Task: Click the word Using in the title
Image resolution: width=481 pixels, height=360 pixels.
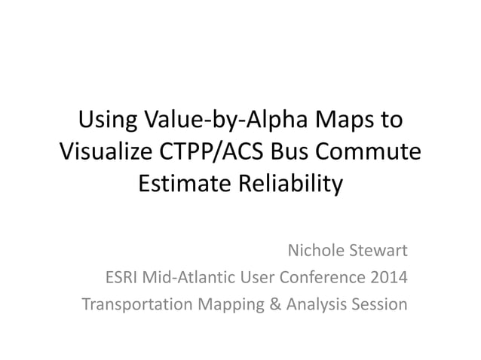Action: [x=106, y=120]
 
